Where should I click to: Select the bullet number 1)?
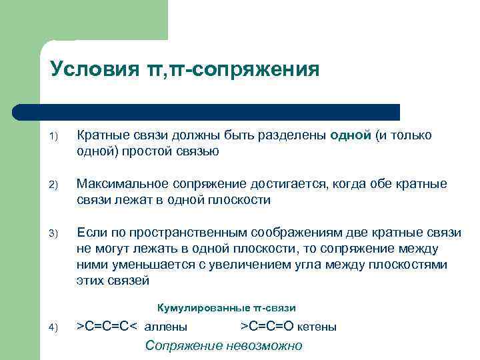[54, 137]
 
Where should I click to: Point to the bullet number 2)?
[54, 185]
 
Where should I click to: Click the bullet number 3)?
[54, 233]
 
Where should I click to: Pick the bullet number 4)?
[54, 327]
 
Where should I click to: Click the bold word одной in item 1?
[350, 135]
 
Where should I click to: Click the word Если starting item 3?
[91, 232]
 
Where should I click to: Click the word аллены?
[166, 327]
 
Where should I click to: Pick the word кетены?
[317, 327]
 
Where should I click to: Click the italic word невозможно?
[264, 345]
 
